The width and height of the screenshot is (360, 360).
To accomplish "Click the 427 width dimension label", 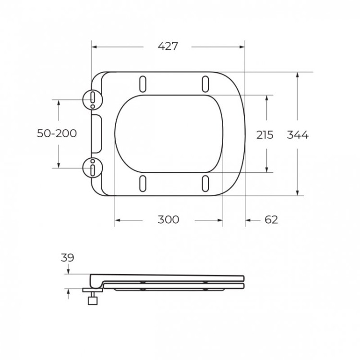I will point(168,47).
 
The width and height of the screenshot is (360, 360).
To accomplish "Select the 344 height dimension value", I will point(298,135).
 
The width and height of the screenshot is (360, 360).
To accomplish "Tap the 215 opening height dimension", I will point(264,135).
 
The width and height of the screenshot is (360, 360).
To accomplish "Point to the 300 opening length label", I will point(168,220).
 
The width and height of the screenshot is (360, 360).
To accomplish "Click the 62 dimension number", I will point(271,220).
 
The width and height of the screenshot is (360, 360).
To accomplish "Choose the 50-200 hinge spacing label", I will point(57,133).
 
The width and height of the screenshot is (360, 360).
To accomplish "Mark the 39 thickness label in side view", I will point(68,258).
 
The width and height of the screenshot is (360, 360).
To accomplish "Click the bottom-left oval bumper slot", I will point(143,183).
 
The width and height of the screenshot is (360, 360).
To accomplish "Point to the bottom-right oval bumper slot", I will point(205,183).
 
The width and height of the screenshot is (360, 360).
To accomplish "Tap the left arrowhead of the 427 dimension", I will point(94,47).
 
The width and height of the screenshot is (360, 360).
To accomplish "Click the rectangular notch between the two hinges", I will point(96,134).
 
